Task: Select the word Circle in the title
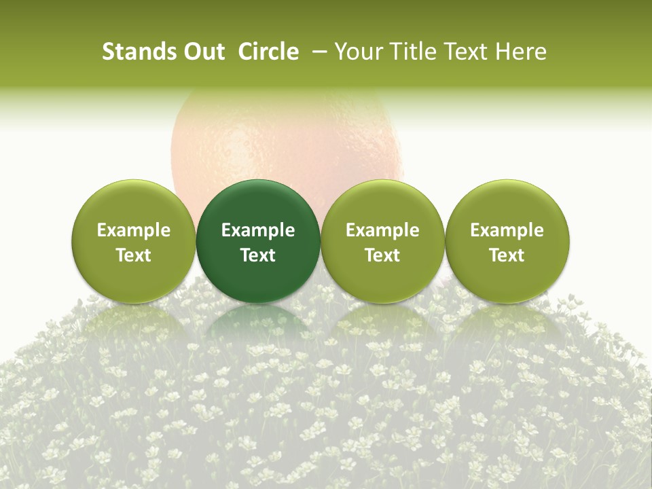coord(268,52)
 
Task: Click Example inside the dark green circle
coord(258,230)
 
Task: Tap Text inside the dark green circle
coord(258,255)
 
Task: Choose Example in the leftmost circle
coord(134,230)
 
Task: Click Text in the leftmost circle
coord(134,255)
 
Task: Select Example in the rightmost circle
coord(507,230)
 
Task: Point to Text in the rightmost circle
coord(507,255)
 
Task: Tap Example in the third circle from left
coord(382,230)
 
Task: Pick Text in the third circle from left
coord(382,255)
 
